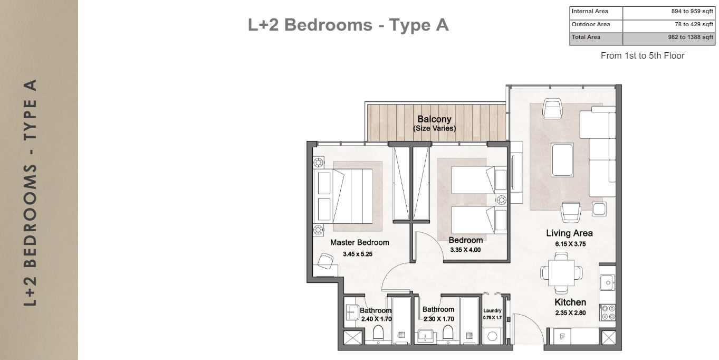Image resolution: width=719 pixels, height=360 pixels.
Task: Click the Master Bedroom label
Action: (359, 243)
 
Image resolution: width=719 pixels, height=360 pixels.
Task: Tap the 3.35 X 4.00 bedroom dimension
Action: (465, 250)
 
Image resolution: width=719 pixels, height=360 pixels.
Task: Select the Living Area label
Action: (569, 233)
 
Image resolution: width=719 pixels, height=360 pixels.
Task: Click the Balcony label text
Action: (434, 119)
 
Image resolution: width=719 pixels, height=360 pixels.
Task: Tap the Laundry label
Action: (492, 311)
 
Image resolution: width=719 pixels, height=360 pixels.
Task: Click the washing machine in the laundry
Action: (493, 336)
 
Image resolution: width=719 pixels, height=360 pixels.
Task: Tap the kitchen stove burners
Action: (608, 312)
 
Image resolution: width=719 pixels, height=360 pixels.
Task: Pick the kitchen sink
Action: (608, 283)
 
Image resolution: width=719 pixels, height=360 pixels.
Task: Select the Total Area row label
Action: (586, 37)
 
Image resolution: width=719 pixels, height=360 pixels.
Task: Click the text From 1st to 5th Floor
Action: (642, 55)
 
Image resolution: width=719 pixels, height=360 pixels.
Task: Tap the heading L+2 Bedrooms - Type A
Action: (348, 25)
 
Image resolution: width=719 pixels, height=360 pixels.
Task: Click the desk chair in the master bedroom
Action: (325, 260)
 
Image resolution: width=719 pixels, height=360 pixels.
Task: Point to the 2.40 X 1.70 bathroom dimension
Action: (376, 319)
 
